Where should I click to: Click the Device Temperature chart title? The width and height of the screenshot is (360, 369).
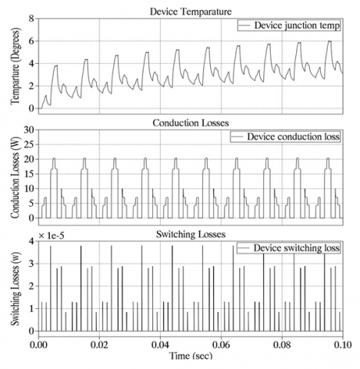pos(190,9)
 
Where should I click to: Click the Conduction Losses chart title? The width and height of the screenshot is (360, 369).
pos(190,121)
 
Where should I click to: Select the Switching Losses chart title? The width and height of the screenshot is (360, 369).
pos(190,233)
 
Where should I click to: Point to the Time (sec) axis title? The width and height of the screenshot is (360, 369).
pos(190,359)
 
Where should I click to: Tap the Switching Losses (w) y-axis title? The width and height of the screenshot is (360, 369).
pos(14,287)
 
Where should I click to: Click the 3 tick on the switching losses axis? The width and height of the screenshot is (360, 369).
pos(30,263)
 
